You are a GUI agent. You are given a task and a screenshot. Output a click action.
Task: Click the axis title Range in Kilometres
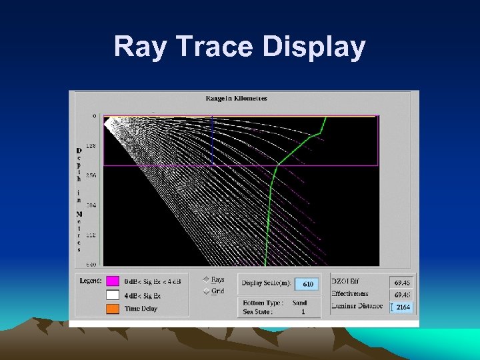(x=237, y=98)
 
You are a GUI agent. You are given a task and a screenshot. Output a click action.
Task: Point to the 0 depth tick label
(x=94, y=116)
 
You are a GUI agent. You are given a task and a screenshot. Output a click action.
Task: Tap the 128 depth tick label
(x=91, y=145)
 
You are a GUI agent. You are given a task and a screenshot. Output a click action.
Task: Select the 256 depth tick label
(x=91, y=175)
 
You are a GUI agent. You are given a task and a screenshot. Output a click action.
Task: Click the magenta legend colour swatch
(x=112, y=281)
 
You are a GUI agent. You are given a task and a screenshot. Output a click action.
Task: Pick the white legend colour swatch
(x=112, y=295)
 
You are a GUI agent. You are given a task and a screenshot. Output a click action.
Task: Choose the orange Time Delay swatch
(x=112, y=309)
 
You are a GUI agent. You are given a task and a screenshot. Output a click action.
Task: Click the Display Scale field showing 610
(x=307, y=284)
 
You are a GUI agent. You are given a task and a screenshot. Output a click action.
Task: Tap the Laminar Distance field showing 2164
(x=401, y=307)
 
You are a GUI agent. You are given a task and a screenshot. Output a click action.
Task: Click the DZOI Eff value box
(x=401, y=282)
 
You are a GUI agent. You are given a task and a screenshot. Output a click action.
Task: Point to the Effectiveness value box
(x=401, y=294)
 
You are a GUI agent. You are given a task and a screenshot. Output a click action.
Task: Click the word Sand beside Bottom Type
(x=299, y=303)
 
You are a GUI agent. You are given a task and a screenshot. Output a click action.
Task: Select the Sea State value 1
(x=303, y=311)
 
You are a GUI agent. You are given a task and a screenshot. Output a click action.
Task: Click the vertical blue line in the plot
(x=212, y=140)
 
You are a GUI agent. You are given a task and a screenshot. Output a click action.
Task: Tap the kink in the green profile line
(x=319, y=133)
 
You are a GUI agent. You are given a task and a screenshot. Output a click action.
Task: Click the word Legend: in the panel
(x=91, y=281)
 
